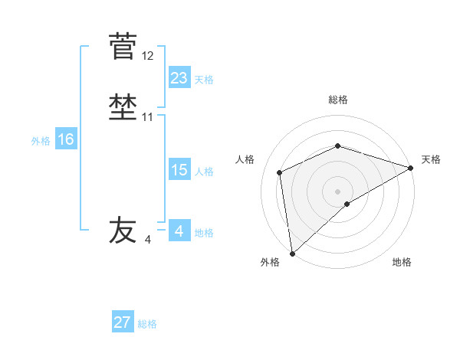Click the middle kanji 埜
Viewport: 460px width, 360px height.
coord(122,107)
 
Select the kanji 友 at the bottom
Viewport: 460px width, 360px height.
coord(122,230)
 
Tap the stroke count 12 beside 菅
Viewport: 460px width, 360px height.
coord(148,56)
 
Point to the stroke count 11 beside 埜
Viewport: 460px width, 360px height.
coord(148,117)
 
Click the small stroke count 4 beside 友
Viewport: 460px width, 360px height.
coord(148,240)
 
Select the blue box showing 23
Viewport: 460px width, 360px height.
coord(179,77)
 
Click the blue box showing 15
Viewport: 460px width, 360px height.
coord(179,170)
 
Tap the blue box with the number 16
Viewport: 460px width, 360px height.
coord(65,139)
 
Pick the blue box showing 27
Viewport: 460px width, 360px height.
coord(123,322)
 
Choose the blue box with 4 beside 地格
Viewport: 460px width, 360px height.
coord(179,231)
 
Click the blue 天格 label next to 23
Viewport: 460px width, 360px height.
coord(204,79)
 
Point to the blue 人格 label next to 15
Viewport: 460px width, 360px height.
coord(204,172)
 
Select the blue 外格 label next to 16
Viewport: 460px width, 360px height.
coord(41,141)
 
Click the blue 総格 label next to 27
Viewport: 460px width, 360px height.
coord(147,324)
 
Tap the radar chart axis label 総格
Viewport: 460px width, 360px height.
coord(338,100)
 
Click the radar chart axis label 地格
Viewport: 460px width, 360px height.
coord(402,263)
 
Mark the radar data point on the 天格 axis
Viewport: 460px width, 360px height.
coord(410,168)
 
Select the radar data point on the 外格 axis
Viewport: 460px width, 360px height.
coord(292,253)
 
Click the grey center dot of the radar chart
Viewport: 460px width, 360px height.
coord(338,191)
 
